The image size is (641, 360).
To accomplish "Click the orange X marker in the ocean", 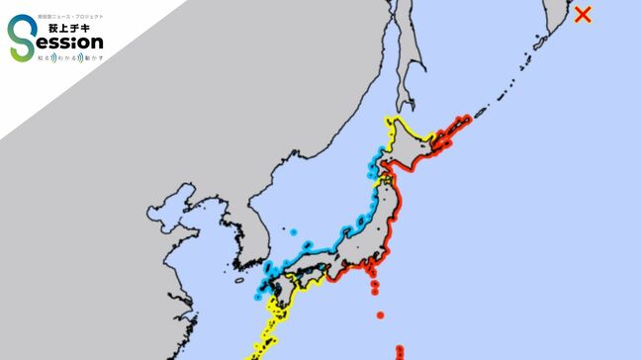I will click(x=584, y=14).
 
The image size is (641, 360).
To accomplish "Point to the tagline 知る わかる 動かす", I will click(x=69, y=58).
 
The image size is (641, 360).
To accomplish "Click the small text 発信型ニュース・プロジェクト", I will click(x=69, y=16).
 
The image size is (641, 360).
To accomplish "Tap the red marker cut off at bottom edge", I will click(x=400, y=353).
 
